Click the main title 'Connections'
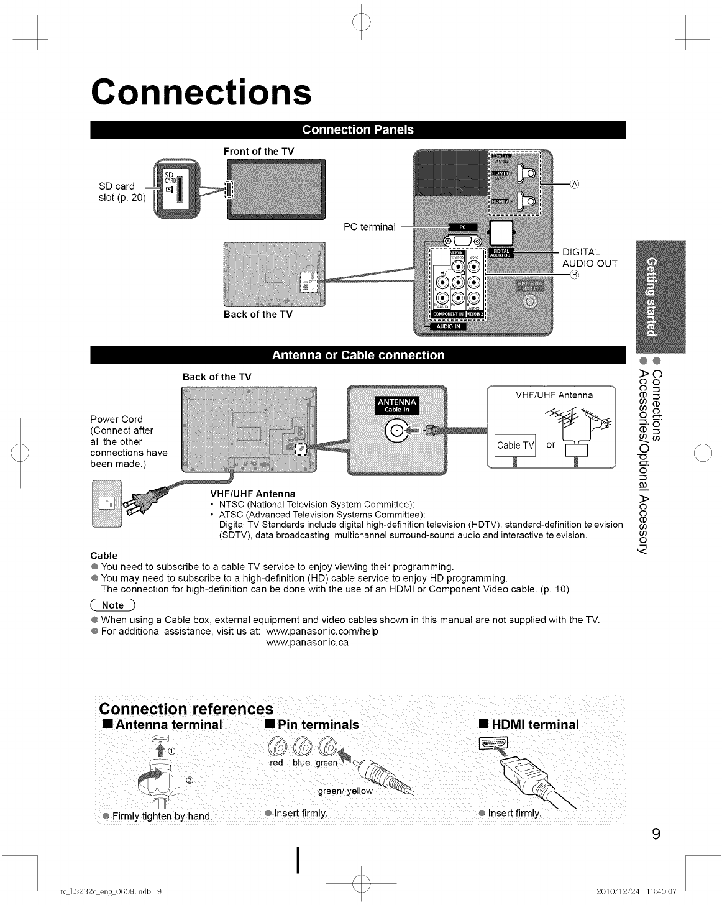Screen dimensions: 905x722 pyautogui.click(x=201, y=92)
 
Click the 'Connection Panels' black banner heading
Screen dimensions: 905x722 pyautogui.click(x=358, y=129)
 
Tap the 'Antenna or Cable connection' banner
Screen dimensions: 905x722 pyautogui.click(x=358, y=355)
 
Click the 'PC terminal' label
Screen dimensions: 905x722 pyautogui.click(x=370, y=226)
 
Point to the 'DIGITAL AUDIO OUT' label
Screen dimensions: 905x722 pyautogui.click(x=589, y=258)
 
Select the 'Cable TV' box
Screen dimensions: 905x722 pyautogui.click(x=515, y=445)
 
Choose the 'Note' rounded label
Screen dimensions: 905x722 pyautogui.click(x=112, y=605)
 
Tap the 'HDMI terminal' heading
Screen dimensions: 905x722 pyautogui.click(x=529, y=724)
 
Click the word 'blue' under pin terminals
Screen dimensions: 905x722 pyautogui.click(x=301, y=762)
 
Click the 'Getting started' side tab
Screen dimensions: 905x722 pyautogui.click(x=651, y=295)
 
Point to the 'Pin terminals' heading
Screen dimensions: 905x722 pyautogui.click(x=312, y=724)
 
